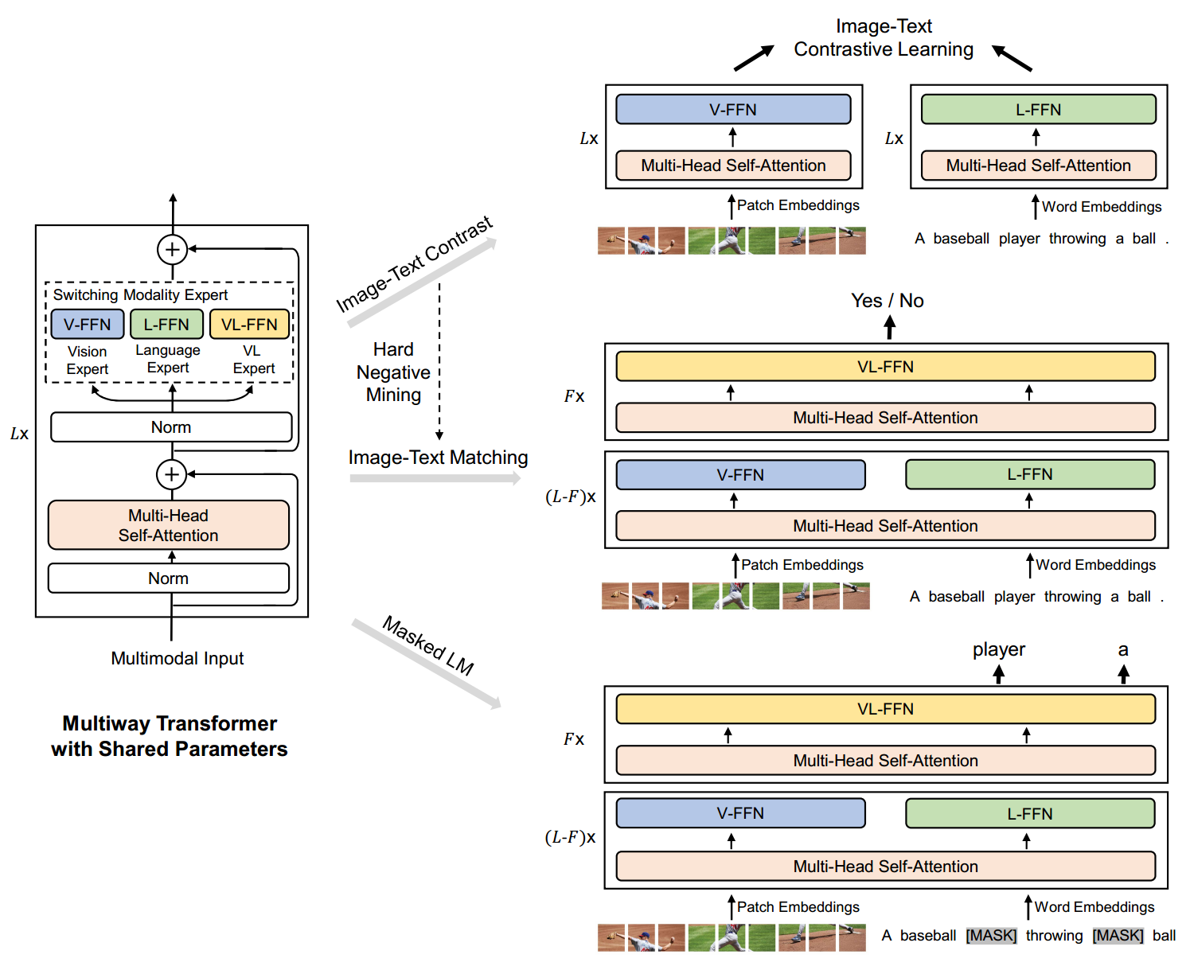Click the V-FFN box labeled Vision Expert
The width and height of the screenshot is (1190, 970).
[x=88, y=325]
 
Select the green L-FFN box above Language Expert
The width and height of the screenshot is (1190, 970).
[x=166, y=325]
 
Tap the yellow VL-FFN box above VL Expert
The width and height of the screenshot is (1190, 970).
[x=249, y=325]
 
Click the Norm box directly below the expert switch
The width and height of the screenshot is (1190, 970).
[x=171, y=427]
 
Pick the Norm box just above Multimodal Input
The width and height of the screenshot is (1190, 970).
[x=169, y=578]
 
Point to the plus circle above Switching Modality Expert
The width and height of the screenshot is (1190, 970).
[x=172, y=250]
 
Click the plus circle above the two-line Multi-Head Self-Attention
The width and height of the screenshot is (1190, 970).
[x=171, y=475]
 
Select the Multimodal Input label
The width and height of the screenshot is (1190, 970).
[x=178, y=659]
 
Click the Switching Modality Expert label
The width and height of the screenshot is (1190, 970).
[x=140, y=295]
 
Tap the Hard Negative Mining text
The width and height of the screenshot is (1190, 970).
[x=393, y=372]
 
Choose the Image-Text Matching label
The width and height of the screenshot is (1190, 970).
[x=438, y=458]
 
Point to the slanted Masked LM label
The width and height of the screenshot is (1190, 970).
[x=428, y=645]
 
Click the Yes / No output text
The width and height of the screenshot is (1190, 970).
[x=888, y=301]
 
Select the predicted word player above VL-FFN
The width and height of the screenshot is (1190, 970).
[x=999, y=649]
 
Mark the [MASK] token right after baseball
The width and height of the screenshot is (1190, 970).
[x=991, y=936]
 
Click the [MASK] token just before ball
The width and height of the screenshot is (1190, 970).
[x=1118, y=936]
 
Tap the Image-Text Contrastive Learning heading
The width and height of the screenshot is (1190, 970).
[x=884, y=38]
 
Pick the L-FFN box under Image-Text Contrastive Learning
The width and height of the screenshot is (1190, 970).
[x=1038, y=110]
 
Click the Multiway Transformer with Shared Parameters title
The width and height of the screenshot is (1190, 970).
[x=170, y=736]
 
